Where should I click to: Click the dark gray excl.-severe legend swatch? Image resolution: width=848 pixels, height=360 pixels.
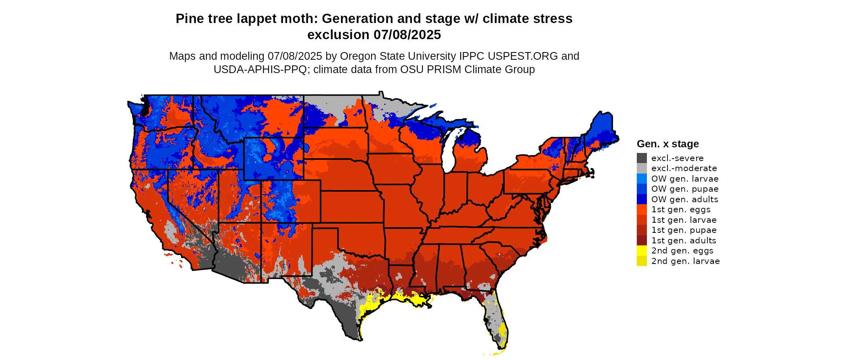tap(642, 158)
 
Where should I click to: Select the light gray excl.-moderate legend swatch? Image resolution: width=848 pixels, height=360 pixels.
tap(642, 168)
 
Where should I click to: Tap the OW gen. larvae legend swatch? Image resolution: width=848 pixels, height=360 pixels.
tap(642, 179)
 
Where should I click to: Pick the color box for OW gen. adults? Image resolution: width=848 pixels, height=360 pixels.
tap(642, 199)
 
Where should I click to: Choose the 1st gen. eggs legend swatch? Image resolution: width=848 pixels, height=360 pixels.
tap(642, 209)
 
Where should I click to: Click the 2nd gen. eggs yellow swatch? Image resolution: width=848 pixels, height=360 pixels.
tap(642, 251)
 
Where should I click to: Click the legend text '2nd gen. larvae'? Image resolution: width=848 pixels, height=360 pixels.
tap(685, 261)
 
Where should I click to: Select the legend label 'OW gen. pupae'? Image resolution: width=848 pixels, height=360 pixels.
tap(685, 189)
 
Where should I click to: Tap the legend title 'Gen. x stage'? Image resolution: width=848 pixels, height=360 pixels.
tap(667, 144)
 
